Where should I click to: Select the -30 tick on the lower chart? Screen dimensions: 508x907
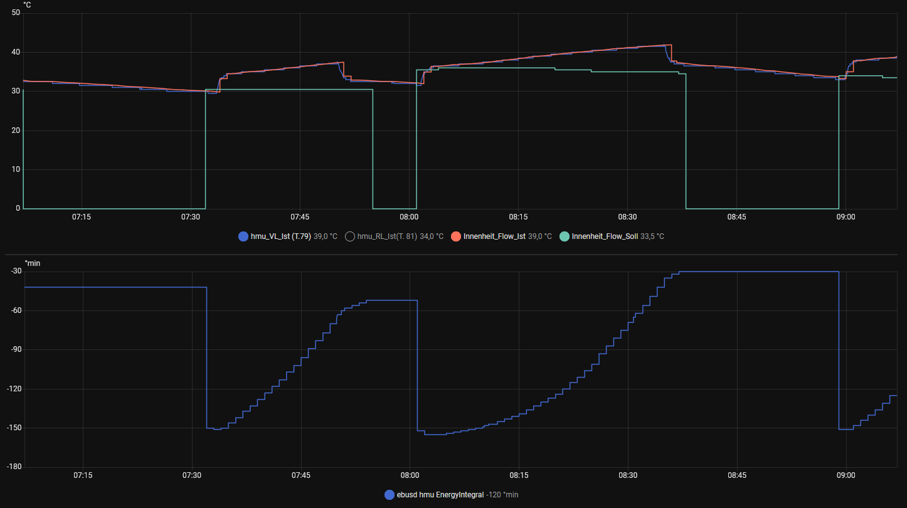[16, 272]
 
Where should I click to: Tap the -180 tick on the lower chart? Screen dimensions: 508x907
[14, 467]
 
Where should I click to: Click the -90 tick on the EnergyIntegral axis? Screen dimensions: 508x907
[16, 350]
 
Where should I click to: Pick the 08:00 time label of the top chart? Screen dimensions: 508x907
[409, 217]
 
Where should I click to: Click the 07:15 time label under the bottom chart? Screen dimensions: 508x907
[82, 475]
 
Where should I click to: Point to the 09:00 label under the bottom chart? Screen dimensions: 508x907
[846, 475]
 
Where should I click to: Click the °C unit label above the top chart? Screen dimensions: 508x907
[28, 5]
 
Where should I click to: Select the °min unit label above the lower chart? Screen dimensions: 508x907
[32, 263]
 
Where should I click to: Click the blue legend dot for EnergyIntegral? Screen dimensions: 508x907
[390, 495]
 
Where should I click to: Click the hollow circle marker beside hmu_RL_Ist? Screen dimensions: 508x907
[349, 236]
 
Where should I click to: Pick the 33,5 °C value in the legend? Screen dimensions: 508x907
[652, 236]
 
